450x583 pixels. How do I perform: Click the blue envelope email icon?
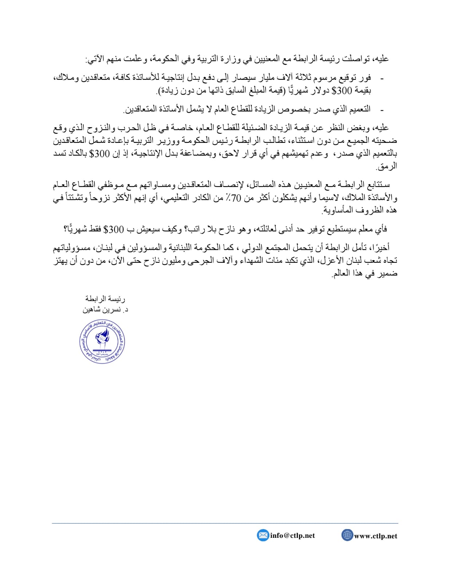[x=262, y=535]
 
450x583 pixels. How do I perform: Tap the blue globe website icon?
[x=347, y=535]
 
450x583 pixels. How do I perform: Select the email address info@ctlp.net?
[x=292, y=536]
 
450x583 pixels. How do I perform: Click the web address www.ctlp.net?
[x=375, y=536]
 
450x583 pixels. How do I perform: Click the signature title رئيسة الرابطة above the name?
[x=105, y=299]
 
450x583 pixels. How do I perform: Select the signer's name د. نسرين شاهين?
[x=105, y=310]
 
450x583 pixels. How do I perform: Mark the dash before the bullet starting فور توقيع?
[x=382, y=78]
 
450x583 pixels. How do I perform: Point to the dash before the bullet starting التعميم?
[x=382, y=109]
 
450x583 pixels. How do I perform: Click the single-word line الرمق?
[x=387, y=167]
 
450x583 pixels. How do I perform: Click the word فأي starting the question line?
[x=381, y=229]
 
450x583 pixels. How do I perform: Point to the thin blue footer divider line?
[x=225, y=523]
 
